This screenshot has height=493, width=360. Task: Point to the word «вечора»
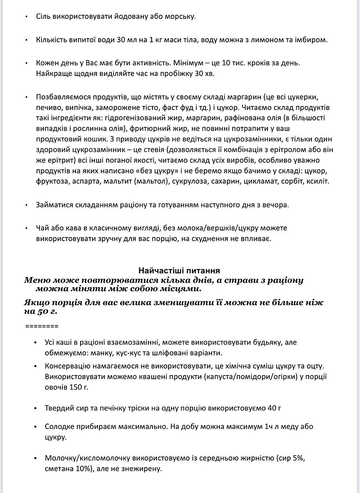click(x=273, y=205)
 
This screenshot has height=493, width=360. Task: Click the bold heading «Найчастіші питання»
click(x=179, y=271)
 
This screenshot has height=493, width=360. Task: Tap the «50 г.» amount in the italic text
click(x=47, y=311)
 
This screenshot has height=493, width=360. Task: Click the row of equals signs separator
click(x=42, y=327)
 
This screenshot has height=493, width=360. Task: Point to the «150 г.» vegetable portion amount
click(x=77, y=387)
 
